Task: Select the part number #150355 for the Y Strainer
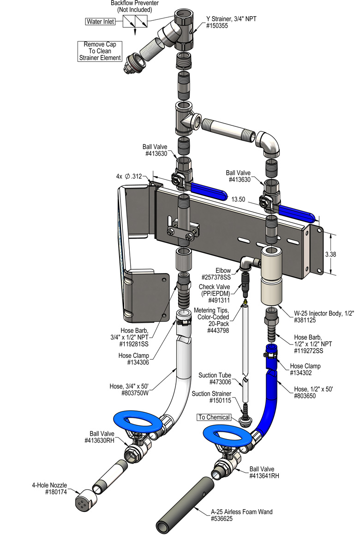coord(218,26)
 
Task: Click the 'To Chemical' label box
coord(214,417)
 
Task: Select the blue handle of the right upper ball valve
coord(295,213)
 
